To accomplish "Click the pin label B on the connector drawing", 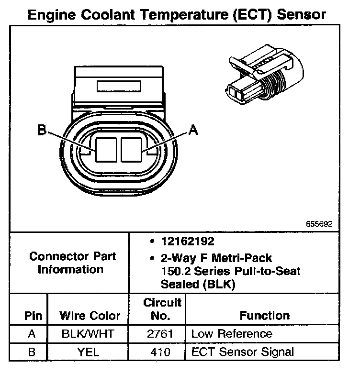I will click(x=43, y=130).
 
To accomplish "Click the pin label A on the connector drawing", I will click(x=193, y=130).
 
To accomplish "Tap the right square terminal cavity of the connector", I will click(x=132, y=149).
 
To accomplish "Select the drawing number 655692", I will click(x=320, y=223).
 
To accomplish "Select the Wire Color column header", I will click(x=90, y=316).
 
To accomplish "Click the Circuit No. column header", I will click(x=163, y=309).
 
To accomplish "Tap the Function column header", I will click(x=265, y=316).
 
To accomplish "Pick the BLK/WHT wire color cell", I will click(x=89, y=334).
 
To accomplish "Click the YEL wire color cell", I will click(x=89, y=352).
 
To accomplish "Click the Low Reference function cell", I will click(x=231, y=334).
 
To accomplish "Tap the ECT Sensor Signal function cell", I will click(x=242, y=352).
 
